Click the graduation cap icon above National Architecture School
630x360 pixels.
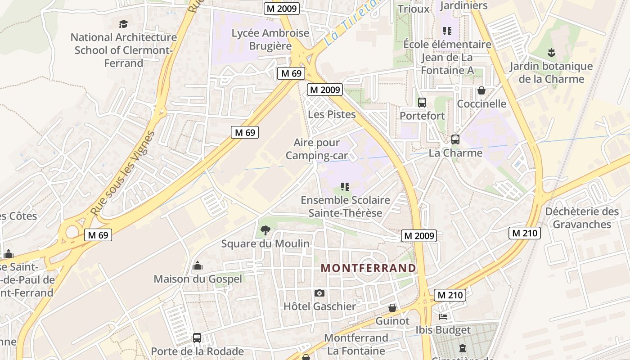point(123,24)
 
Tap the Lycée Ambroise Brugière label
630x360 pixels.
point(270,40)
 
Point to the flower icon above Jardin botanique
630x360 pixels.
point(551,53)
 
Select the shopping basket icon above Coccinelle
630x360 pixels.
point(481,90)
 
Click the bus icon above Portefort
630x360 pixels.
point(422,103)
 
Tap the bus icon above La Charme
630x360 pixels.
point(455,139)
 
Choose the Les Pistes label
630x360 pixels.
point(332,114)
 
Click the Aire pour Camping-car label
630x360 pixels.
point(317,149)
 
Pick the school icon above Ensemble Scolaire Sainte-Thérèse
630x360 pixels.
point(345,187)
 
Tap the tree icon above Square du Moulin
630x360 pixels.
point(265,231)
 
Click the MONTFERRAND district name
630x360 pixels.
point(368,268)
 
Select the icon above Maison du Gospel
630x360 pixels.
point(198,266)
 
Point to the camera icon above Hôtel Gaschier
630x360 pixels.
point(319,293)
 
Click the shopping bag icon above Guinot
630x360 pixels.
point(392,308)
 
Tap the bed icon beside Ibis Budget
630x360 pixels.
point(443,317)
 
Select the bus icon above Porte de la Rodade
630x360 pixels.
point(197,337)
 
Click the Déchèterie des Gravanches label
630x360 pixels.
point(582,218)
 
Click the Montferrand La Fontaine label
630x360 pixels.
point(356,344)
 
